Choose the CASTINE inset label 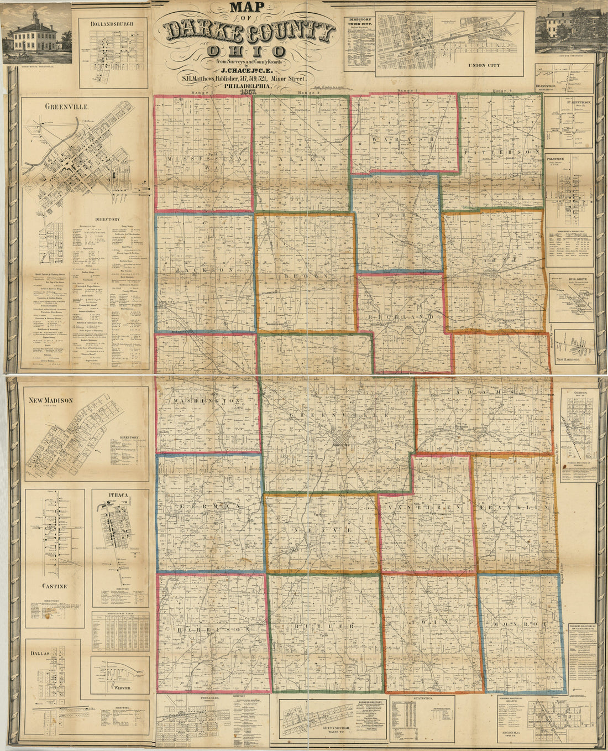(54, 586)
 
